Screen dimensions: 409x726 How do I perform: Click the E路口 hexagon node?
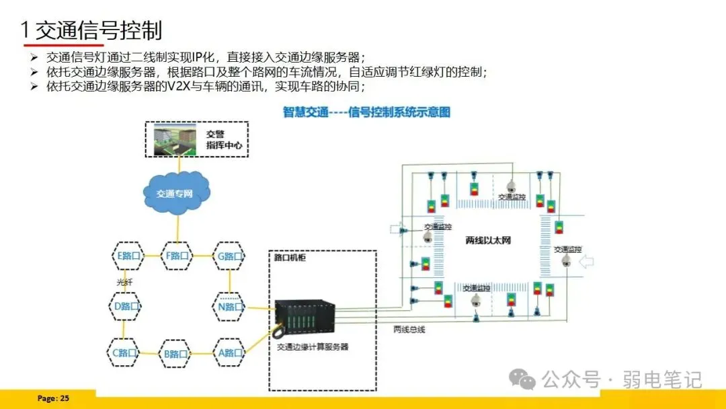point(128,256)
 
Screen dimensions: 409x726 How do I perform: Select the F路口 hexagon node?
point(177,256)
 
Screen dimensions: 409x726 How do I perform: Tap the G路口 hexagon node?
point(230,256)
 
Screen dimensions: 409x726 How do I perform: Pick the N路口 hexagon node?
point(230,307)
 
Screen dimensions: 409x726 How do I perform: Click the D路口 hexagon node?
point(126,307)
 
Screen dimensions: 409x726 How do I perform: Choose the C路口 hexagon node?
point(126,352)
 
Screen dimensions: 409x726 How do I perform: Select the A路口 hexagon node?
point(230,352)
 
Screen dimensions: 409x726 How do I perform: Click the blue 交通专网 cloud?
point(175,194)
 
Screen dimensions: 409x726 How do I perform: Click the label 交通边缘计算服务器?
point(313,346)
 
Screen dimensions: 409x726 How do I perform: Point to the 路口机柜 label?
point(290,258)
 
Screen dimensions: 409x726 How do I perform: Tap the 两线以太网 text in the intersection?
point(488,240)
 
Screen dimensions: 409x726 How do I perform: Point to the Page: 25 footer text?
point(53,398)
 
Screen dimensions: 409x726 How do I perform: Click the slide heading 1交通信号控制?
point(91,30)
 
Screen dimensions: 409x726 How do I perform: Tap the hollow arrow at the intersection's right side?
point(586,262)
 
